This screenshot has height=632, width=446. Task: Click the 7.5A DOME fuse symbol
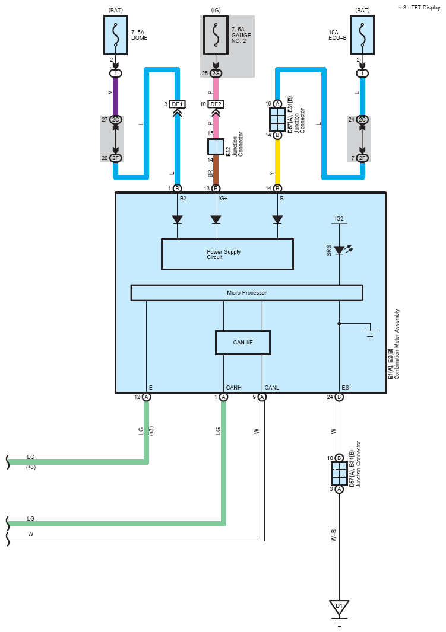[x=116, y=34]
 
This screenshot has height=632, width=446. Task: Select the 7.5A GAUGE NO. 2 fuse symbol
[x=216, y=34]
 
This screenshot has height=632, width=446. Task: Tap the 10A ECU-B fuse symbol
[x=362, y=34]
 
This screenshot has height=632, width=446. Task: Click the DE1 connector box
[x=177, y=104]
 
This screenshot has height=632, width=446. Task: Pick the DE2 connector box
[x=216, y=104]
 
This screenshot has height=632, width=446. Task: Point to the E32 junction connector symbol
[x=216, y=146]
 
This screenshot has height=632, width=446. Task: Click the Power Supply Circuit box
[x=227, y=254]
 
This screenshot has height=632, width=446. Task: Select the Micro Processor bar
[x=246, y=293]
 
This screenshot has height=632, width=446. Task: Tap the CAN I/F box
[x=242, y=343]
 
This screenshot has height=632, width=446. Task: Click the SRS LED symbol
[x=340, y=250]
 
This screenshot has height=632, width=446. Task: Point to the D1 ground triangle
[x=339, y=607]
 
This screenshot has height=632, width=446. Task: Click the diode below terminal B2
[x=177, y=219]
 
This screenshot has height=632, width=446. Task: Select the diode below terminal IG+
[x=216, y=219]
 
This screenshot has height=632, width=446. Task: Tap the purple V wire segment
[x=115, y=96]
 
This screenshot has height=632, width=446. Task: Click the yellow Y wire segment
[x=277, y=162]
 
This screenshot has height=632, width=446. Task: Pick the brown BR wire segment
[x=216, y=170]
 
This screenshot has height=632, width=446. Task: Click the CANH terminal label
[x=234, y=387]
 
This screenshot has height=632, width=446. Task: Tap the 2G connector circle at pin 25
[x=216, y=73]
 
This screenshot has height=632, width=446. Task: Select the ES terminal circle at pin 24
[x=340, y=397]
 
